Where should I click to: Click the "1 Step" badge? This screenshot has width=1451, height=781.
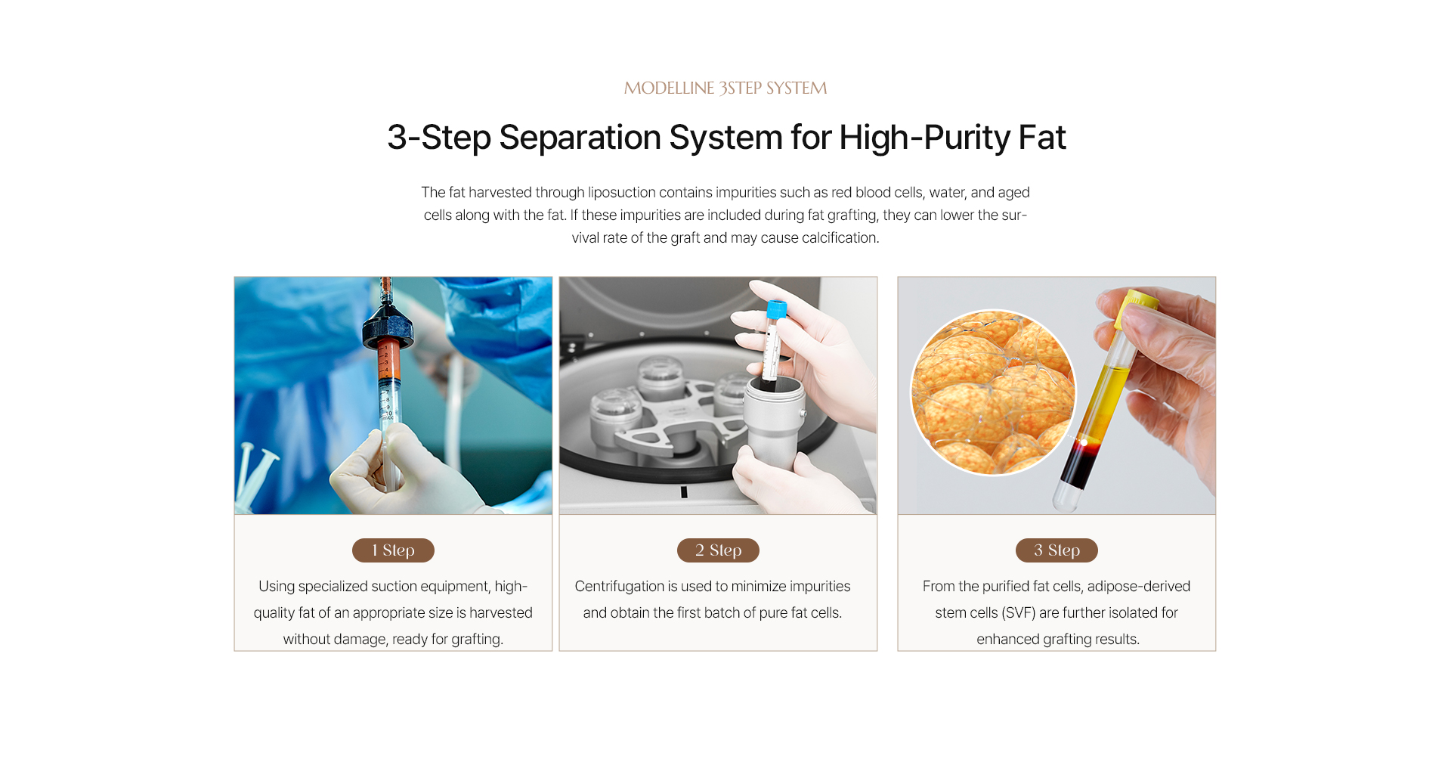pos(393,550)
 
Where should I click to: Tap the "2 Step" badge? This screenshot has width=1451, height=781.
pos(718,550)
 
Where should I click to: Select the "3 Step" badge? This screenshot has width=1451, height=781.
pos(1057,550)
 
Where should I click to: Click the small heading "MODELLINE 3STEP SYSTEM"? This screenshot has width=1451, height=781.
pos(725,88)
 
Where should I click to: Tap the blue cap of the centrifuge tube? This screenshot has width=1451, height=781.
pos(776,310)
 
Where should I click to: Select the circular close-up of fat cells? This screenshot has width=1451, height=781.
pos(993,392)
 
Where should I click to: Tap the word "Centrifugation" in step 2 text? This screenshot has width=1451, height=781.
pos(619,587)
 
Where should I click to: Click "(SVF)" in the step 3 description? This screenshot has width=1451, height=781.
pos(1019,613)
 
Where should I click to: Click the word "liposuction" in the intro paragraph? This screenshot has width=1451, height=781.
pos(622,193)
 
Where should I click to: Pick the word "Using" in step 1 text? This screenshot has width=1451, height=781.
pos(277,587)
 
